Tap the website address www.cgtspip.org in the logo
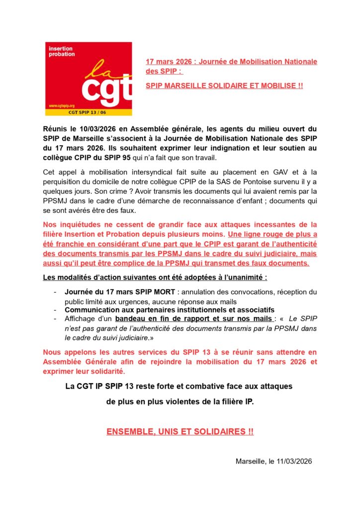click(x=61, y=106)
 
